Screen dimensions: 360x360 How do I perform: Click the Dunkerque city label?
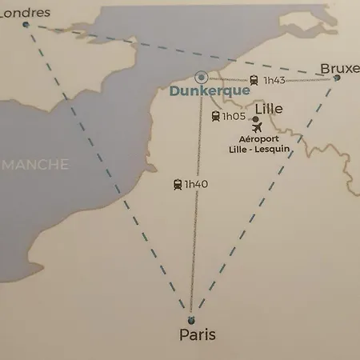click(203, 91)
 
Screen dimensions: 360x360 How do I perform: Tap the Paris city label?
click(197, 334)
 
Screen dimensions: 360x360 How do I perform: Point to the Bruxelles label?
click(339, 70)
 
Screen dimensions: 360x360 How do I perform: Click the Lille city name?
click(268, 108)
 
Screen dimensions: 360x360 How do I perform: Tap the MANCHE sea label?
click(37, 165)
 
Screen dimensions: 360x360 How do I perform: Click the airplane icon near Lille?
click(257, 128)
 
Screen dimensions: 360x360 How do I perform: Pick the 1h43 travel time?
click(274, 80)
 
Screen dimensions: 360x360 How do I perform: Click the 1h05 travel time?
click(234, 117)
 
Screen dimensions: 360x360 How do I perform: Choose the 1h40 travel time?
click(196, 185)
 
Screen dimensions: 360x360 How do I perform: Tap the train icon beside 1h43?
click(254, 80)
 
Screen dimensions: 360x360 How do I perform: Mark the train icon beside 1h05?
click(215, 117)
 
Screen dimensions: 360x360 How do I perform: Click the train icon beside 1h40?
click(178, 185)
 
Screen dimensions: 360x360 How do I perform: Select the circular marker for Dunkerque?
click(202, 78)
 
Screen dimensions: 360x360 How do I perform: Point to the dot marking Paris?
click(190, 311)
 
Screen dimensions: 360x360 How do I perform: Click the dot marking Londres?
click(26, 25)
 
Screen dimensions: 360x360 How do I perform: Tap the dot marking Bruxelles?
click(337, 78)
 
